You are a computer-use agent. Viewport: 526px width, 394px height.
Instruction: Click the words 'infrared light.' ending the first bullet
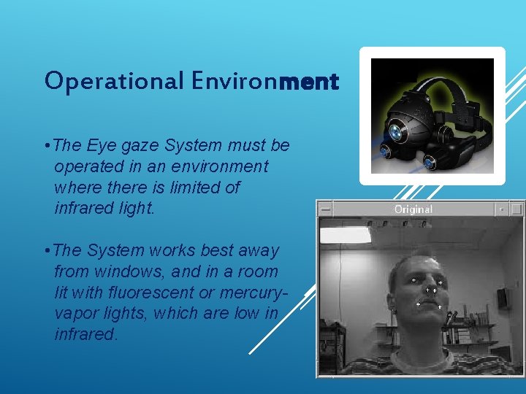point(104,209)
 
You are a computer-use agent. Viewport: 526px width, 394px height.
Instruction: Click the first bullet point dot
point(47,146)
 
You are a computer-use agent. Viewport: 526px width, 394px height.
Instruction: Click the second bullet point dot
point(47,250)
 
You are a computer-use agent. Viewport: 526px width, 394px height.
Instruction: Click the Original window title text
point(413,209)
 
